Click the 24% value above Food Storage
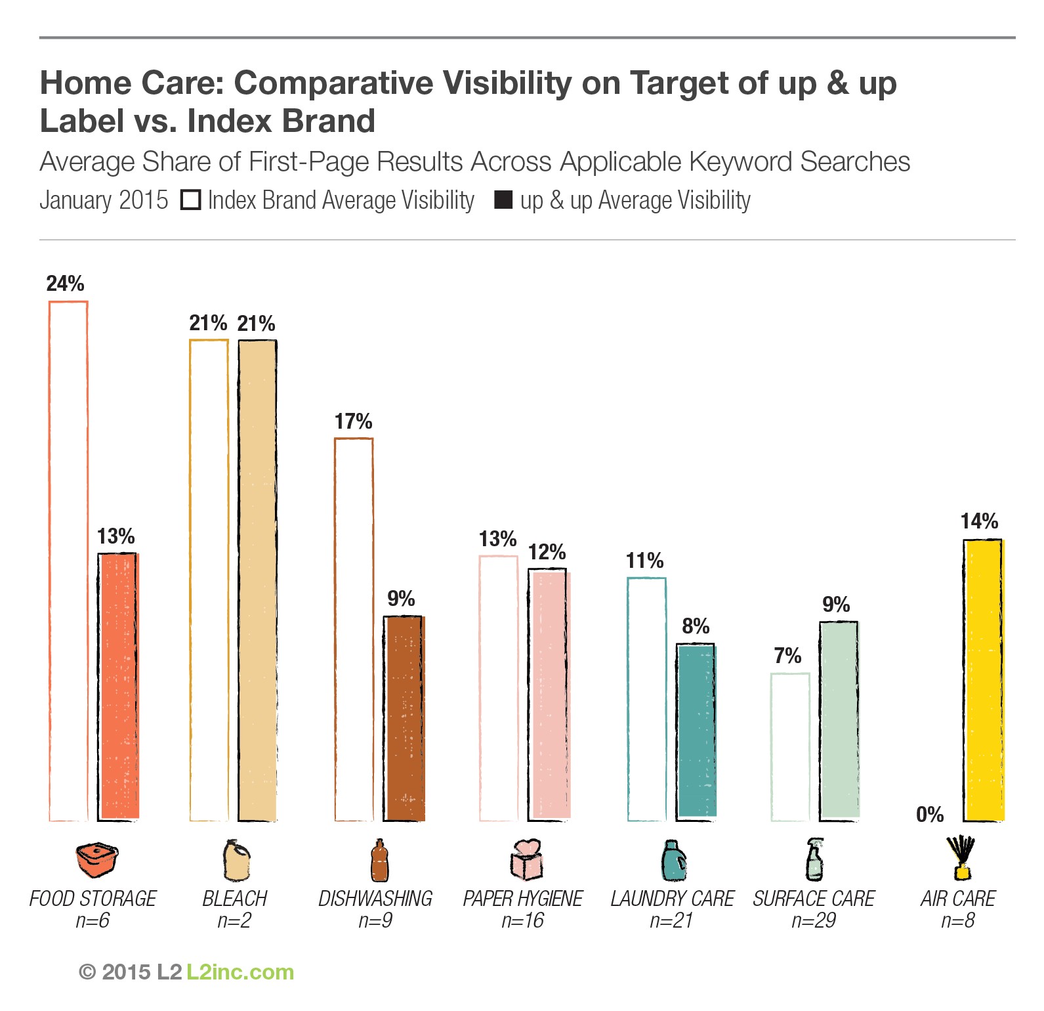tap(65, 284)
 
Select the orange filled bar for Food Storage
tap(118, 686)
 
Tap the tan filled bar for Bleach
tap(257, 580)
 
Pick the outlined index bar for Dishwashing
tap(354, 629)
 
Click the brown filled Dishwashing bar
tap(404, 718)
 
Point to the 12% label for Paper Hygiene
tap(547, 552)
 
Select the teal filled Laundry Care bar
tap(696, 731)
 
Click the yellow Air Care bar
tap(983, 679)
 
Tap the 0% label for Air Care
tap(930, 815)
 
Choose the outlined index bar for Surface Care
tap(790, 746)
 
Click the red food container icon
tap(97, 860)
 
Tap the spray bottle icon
tap(814, 859)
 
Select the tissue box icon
tap(527, 859)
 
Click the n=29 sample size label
tap(814, 920)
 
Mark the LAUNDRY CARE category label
tap(672, 898)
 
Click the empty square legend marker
tap(190, 200)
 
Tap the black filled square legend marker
tap(503, 200)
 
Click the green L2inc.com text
tap(240, 972)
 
